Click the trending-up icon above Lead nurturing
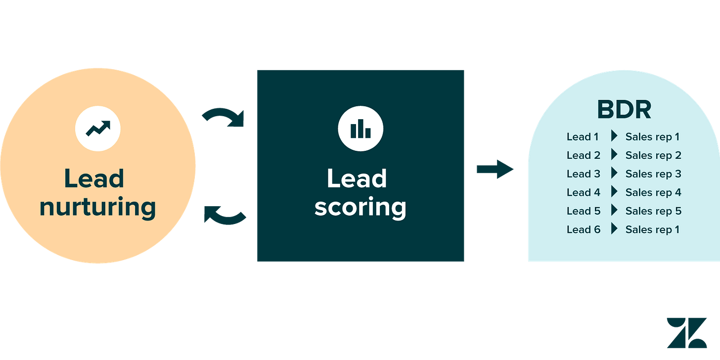tap(98, 128)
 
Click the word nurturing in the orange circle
tap(98, 208)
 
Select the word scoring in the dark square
tap(360, 208)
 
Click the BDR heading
tap(624, 110)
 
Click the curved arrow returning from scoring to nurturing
tap(225, 216)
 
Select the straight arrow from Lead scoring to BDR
tap(495, 170)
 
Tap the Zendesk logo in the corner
tap(686, 332)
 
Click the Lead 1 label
tap(583, 137)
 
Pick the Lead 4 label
tap(584, 192)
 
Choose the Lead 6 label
tap(584, 229)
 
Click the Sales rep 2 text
tap(653, 155)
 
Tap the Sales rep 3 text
tap(653, 174)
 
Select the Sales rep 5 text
tap(653, 211)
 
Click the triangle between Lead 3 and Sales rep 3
tap(614, 174)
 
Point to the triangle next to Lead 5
tap(614, 211)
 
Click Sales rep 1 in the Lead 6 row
tap(652, 229)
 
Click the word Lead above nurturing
tap(94, 179)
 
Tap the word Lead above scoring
tap(357, 179)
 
